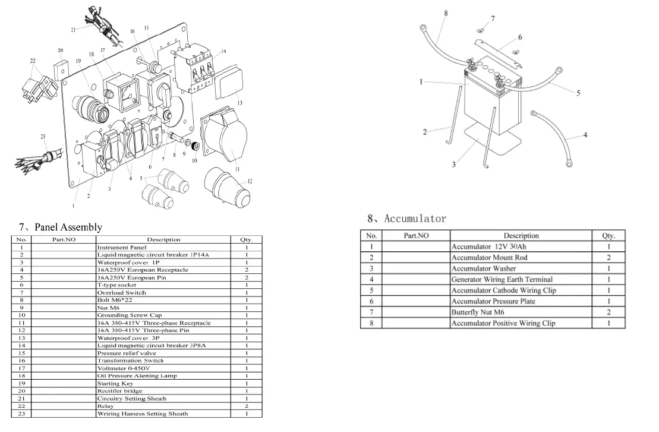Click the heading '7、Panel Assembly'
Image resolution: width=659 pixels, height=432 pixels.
60,227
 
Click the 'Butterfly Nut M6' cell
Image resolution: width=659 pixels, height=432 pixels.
478,313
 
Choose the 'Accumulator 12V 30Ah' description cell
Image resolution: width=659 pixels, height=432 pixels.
488,247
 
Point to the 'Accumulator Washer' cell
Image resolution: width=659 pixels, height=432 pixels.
484,269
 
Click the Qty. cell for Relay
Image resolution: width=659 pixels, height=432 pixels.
246,406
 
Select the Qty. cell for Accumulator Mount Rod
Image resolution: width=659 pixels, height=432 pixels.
608,258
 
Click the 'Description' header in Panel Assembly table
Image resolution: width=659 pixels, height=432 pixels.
163,239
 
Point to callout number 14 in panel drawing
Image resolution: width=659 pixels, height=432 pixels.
223,52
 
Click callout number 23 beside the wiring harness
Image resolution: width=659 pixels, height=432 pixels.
43,137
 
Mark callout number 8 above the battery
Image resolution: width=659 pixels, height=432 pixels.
446,12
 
